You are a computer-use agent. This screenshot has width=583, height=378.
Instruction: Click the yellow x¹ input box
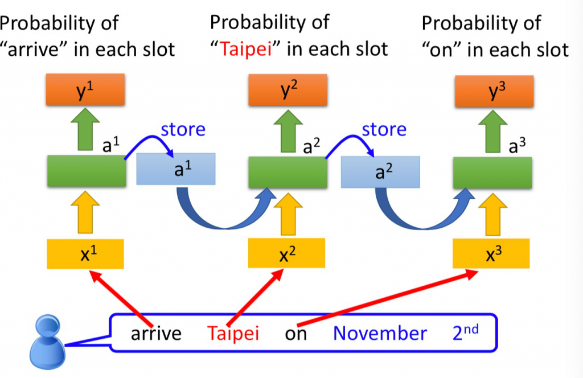[85, 253]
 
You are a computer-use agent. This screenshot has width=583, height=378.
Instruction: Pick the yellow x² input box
[287, 253]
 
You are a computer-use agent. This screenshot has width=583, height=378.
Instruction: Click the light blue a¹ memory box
[176, 169]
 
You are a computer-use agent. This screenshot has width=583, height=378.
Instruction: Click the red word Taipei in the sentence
[233, 332]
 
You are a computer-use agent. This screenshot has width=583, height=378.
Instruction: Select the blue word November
[380, 332]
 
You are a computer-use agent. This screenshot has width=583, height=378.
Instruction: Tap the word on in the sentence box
[295, 333]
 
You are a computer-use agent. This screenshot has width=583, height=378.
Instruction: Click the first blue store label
[183, 129]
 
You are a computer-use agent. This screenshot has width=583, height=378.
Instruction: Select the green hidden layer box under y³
[492, 172]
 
